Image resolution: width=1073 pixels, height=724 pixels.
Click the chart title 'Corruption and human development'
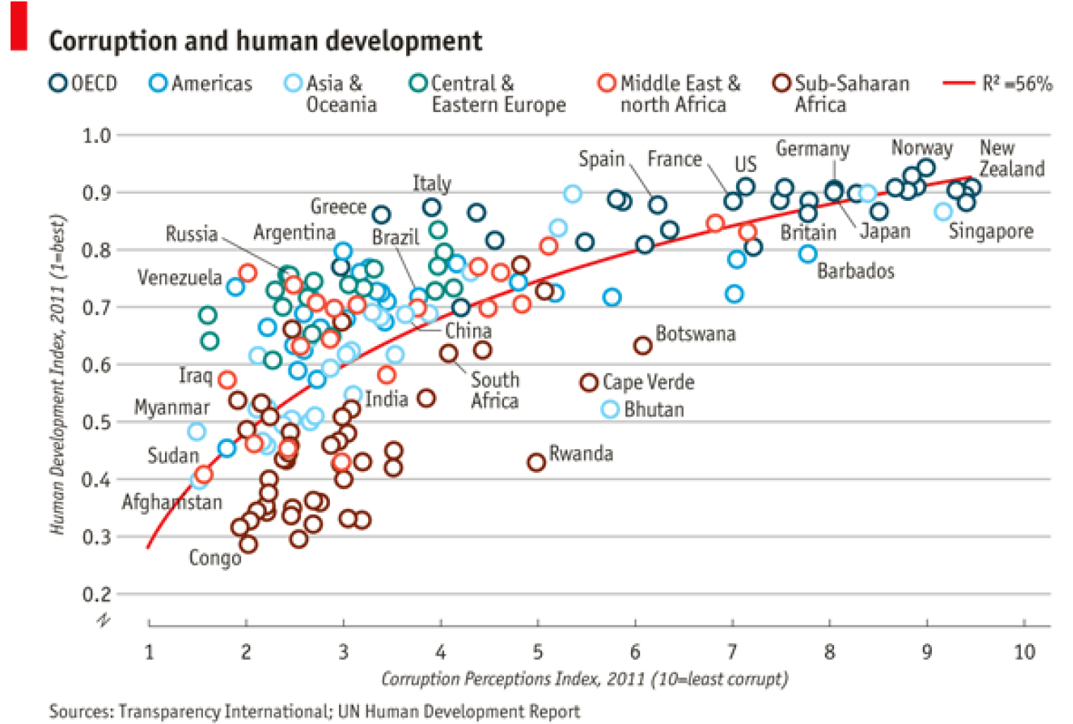click(265, 41)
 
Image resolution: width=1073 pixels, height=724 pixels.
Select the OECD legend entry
click(83, 83)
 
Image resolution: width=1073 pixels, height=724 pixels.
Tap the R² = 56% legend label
click(1017, 83)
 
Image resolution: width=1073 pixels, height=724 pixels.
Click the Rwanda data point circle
click(536, 462)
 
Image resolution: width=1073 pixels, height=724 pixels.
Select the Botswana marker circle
click(642, 345)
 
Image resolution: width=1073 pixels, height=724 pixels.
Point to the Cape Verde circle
click(589, 382)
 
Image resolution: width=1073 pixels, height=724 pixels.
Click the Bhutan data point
click(611, 409)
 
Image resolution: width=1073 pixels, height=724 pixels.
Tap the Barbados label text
click(855, 271)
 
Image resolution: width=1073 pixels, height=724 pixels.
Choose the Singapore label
click(991, 231)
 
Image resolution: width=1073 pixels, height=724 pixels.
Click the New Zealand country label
click(1011, 159)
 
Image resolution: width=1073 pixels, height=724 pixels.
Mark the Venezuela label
click(180, 278)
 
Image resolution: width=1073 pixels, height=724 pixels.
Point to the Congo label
click(214, 558)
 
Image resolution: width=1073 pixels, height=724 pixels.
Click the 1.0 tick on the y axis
click(97, 135)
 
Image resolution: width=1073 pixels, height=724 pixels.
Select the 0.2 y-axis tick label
click(97, 594)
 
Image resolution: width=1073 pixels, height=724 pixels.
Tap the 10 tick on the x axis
click(1024, 651)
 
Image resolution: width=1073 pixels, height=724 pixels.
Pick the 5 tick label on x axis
click(537, 651)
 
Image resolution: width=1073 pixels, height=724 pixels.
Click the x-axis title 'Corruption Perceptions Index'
click(584, 679)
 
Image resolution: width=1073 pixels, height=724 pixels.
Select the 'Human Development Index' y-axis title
click(58, 374)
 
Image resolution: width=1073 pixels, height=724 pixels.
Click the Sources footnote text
click(314, 711)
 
